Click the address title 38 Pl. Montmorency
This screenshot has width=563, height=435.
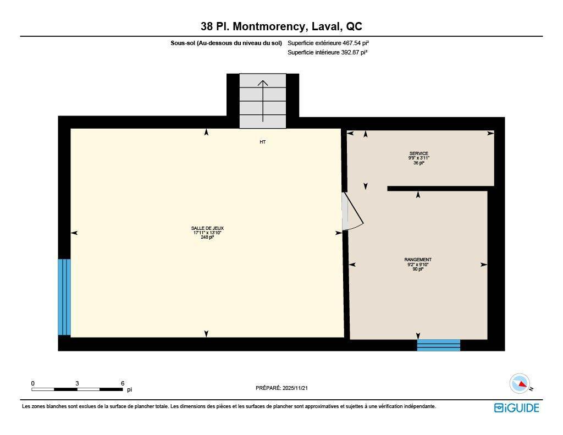281,26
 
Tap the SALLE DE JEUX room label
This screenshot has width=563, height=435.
207,228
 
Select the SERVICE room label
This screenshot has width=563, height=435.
418,153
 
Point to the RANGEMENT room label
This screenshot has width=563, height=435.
418,260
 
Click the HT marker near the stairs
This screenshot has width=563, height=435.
263,142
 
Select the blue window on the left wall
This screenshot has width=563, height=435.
64,297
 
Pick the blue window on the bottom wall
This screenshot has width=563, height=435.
438,345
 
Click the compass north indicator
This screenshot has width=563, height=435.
520,383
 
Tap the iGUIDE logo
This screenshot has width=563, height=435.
516,408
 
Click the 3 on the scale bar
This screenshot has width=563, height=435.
78,383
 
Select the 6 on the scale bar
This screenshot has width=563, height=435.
123,383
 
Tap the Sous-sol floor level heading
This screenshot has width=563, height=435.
227,43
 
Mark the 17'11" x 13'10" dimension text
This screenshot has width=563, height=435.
207,233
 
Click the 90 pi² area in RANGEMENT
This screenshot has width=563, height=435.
418,269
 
